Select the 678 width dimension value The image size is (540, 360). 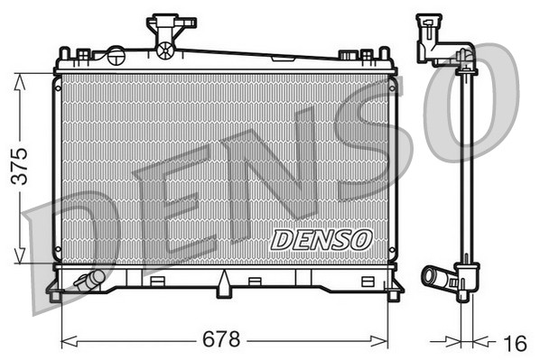tap(222, 340)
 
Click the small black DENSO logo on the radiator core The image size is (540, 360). tap(321, 239)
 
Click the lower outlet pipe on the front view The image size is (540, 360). tap(88, 282)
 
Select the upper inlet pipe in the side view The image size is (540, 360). tap(432, 41)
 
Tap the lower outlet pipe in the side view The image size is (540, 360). tap(437, 276)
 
